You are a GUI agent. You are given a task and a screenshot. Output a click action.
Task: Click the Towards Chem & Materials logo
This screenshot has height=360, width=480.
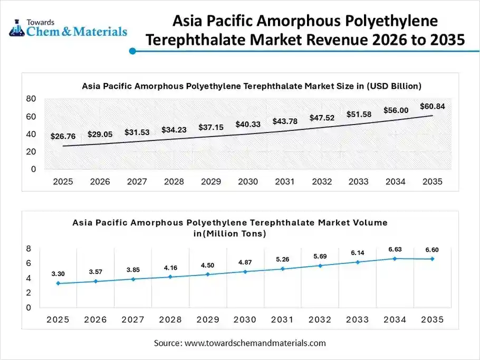click(68, 27)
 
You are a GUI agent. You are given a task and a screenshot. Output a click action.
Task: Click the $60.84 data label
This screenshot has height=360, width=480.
click(432, 106)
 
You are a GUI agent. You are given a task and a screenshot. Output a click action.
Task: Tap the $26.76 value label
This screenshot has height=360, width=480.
click(63, 136)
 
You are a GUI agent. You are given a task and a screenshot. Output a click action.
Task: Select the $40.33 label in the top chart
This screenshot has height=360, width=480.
click(247, 124)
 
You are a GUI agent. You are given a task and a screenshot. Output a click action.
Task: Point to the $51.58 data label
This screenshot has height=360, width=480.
click(359, 114)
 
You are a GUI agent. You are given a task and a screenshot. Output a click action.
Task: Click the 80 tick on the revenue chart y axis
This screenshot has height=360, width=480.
click(31, 99)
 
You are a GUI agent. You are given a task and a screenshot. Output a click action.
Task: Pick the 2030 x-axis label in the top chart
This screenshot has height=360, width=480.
click(247, 182)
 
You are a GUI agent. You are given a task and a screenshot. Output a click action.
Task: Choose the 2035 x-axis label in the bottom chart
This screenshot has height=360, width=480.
click(433, 320)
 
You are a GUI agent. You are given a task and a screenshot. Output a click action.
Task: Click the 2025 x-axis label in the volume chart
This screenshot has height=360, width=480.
click(57, 320)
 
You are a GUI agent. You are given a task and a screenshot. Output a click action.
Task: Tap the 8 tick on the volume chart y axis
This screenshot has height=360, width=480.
click(28, 249)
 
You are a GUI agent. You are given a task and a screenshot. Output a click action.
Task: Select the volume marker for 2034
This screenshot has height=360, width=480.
click(395, 258)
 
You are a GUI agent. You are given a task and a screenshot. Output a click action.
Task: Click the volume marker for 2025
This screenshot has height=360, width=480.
click(58, 283)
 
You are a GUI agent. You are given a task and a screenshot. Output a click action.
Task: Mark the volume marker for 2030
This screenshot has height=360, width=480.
click(245, 271)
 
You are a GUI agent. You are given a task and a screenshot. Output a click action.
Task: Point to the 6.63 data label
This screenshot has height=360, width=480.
click(395, 249)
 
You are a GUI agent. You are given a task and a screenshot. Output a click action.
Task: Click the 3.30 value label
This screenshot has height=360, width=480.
click(58, 274)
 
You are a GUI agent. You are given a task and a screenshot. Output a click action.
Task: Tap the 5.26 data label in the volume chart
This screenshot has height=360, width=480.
click(283, 259)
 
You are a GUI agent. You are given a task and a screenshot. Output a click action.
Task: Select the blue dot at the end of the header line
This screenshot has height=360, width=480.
click(133, 51)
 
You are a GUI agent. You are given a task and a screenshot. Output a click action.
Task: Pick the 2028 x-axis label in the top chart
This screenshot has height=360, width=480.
click(174, 182)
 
